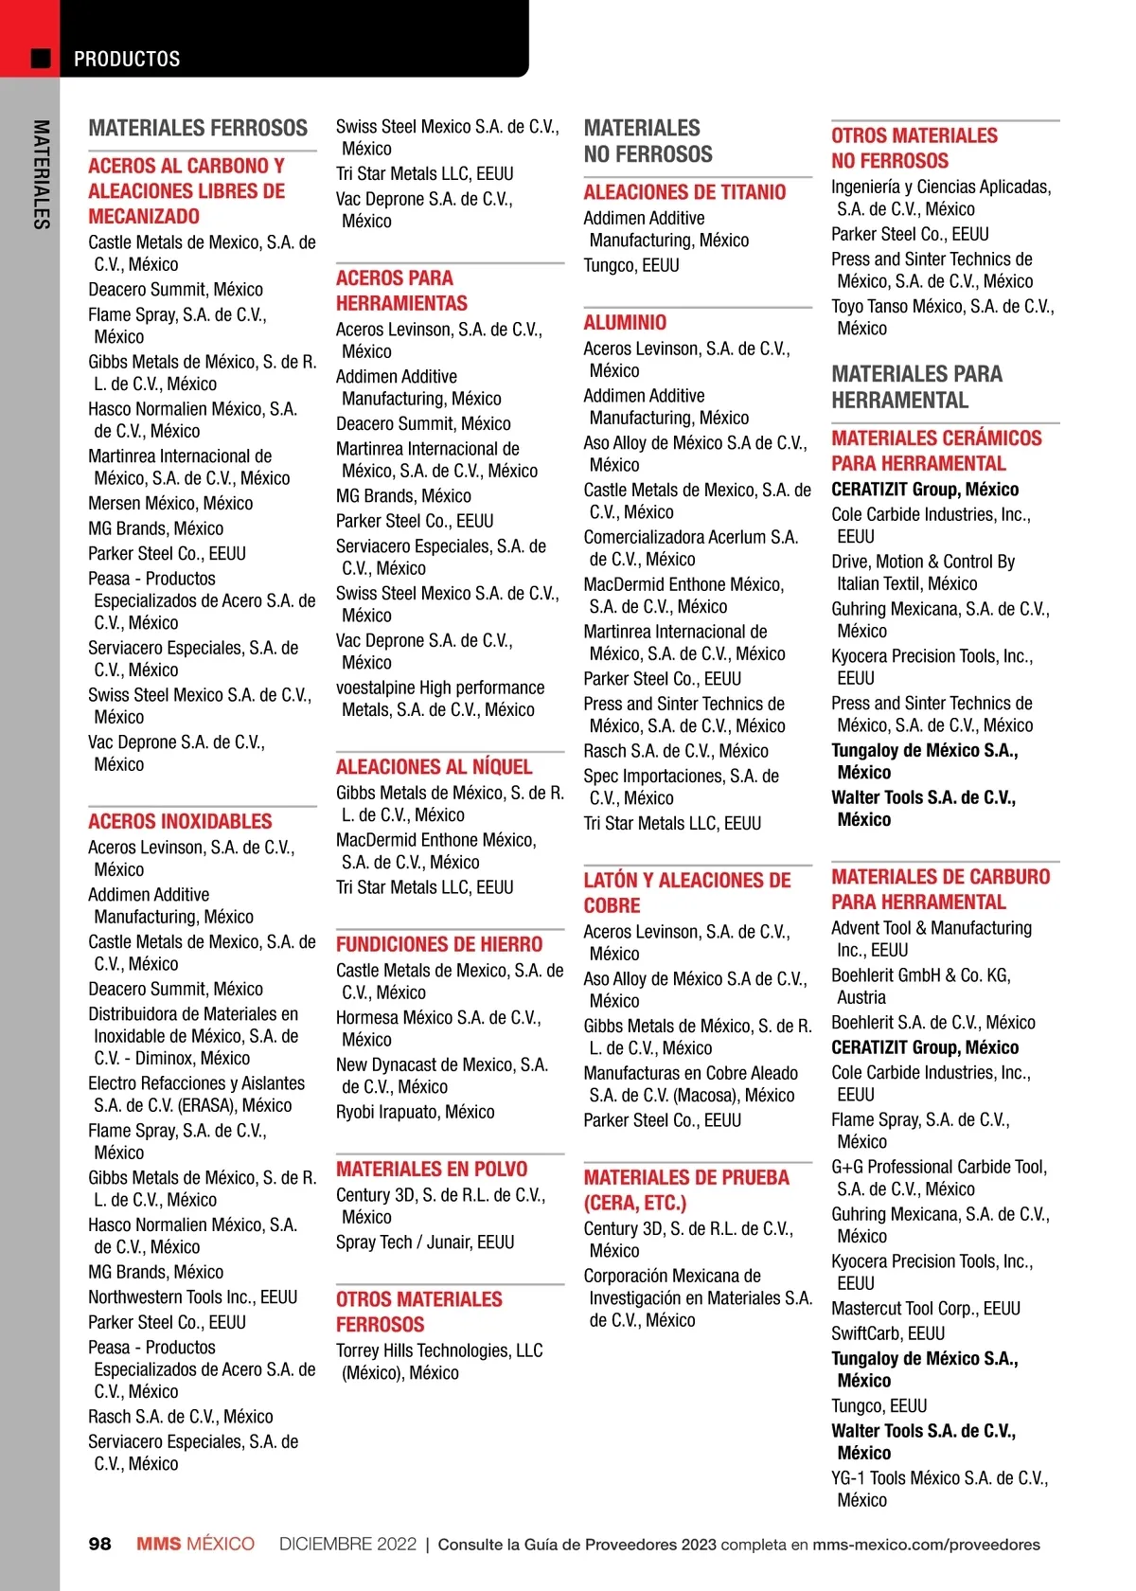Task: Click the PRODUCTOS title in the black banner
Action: [127, 59]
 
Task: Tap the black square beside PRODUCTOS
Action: [41, 58]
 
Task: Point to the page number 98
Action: [99, 1544]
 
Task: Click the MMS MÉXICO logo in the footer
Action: [195, 1544]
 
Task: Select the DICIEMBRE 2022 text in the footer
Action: [347, 1544]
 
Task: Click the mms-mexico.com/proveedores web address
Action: [926, 1545]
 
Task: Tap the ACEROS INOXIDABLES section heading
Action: [180, 821]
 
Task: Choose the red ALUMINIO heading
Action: [625, 322]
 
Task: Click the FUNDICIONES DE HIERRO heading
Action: [439, 944]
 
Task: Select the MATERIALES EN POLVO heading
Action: [432, 1169]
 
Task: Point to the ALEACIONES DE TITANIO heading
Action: [684, 192]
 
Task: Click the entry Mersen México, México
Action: [170, 503]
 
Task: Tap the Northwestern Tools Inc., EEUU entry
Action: [193, 1296]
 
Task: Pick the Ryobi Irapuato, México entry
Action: [415, 1112]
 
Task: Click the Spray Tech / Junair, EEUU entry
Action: [425, 1242]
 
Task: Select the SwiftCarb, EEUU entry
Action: [888, 1333]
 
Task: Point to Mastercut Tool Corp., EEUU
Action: [926, 1308]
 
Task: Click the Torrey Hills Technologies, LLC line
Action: [439, 1350]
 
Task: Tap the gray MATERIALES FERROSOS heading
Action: [198, 128]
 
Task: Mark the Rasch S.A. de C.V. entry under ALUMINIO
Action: [676, 751]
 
